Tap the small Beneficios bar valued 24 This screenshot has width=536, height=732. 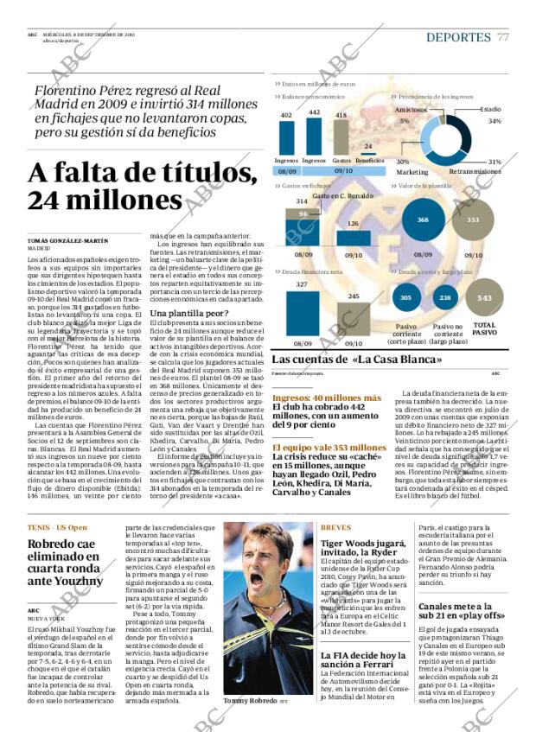(369, 153)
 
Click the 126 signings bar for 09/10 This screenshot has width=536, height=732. (353, 239)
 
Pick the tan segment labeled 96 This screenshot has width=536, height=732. (303, 213)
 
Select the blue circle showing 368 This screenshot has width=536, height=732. (423, 220)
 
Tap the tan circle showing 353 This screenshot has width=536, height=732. (473, 220)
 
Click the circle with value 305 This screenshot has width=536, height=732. (405, 298)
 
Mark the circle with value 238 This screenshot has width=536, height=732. (444, 298)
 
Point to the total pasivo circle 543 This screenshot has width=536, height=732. (484, 298)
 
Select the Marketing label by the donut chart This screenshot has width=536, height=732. (412, 171)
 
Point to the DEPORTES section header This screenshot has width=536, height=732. (458, 37)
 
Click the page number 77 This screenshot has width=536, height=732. (503, 37)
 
